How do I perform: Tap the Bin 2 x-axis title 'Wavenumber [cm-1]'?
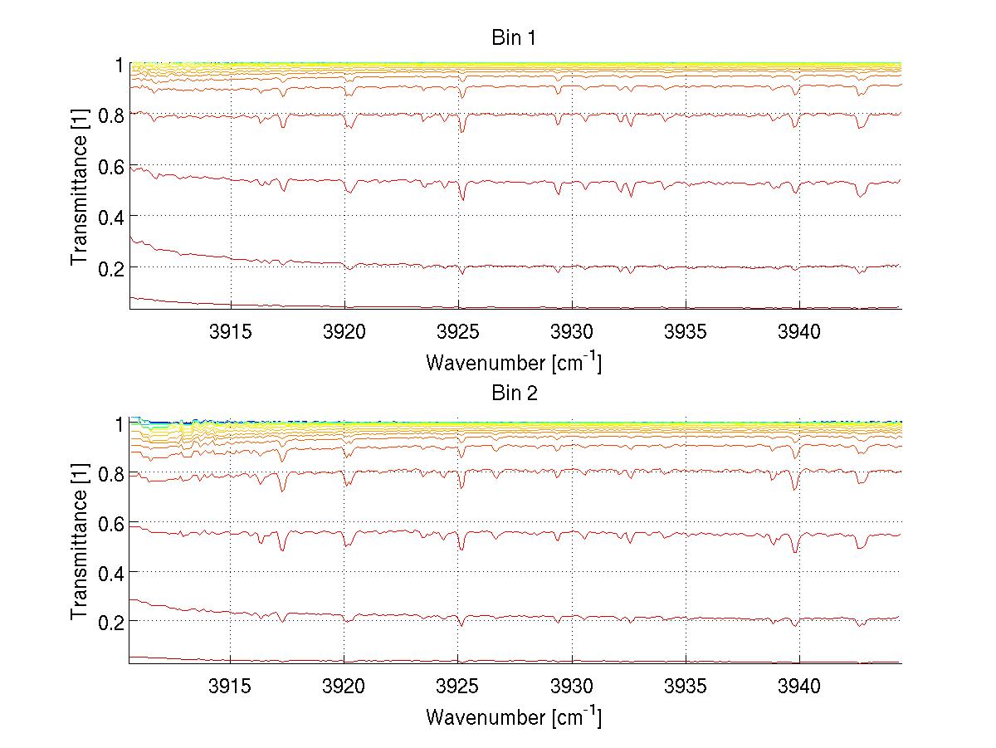513,716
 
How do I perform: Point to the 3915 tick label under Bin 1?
231,332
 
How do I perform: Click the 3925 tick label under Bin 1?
458,332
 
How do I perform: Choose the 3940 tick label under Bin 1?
799,332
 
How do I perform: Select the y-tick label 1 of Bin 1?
119,66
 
